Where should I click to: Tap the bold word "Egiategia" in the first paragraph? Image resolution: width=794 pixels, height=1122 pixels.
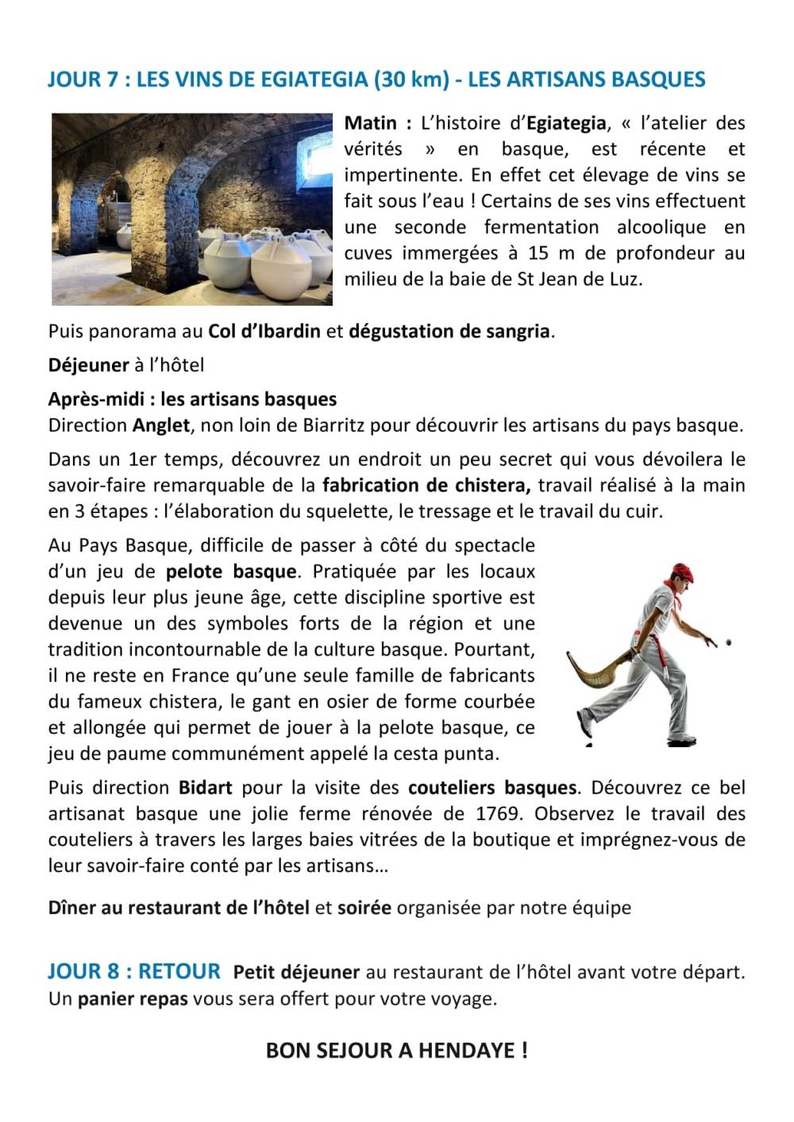click(566, 124)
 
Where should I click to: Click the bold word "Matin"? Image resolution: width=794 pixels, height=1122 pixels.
click(371, 124)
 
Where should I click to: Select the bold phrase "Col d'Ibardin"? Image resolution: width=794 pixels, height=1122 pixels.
click(264, 331)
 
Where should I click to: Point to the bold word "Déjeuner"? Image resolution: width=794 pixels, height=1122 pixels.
click(88, 365)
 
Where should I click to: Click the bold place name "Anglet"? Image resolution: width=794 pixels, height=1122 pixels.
click(161, 425)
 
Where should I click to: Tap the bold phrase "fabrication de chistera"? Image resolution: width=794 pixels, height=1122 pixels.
click(426, 485)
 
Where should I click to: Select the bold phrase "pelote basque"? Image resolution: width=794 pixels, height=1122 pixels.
click(231, 572)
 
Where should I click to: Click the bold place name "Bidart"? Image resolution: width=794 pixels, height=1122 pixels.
click(205, 788)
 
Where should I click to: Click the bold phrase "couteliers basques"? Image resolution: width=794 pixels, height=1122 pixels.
click(492, 788)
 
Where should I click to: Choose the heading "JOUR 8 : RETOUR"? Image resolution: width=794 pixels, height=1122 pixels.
click(134, 971)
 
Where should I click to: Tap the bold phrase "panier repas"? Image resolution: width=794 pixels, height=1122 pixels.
click(133, 999)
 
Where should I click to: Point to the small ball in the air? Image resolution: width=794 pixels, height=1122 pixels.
click(728, 642)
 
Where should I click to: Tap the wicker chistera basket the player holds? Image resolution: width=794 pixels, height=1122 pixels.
click(597, 677)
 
